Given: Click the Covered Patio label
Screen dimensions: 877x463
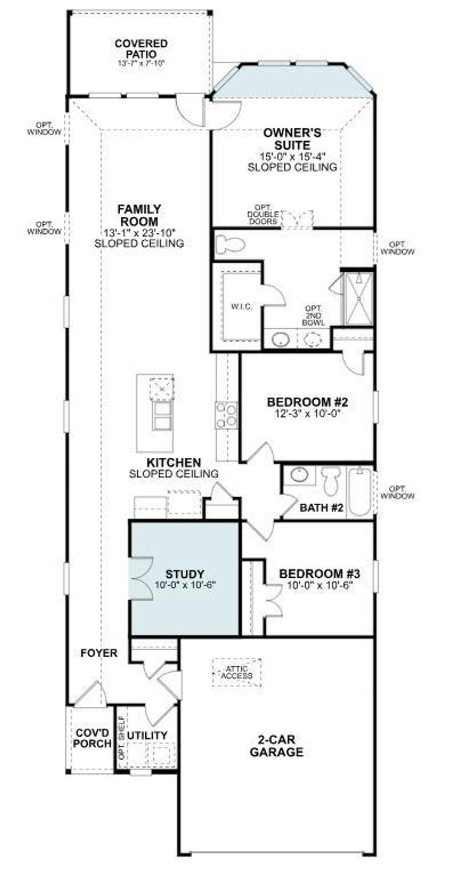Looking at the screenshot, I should point(141,49).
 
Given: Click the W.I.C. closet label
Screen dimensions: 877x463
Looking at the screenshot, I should point(241,307).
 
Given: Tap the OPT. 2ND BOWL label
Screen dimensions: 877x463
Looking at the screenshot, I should point(313,316).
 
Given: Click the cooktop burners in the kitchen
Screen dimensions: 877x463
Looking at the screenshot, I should point(226,415).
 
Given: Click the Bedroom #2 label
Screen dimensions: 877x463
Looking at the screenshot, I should point(307,402).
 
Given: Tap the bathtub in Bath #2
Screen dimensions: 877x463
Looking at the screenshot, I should point(360,492).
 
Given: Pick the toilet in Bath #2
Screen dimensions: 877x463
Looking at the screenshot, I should point(331,482).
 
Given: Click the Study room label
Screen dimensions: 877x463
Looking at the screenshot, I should point(184,574).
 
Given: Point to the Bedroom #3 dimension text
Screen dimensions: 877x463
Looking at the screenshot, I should point(319,585).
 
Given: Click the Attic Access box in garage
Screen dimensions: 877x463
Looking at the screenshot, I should point(237,672).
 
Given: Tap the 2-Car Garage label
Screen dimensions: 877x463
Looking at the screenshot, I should point(276,746).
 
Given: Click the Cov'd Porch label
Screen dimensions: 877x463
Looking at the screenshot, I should point(93,738).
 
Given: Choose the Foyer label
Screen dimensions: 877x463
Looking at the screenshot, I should point(99,653).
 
